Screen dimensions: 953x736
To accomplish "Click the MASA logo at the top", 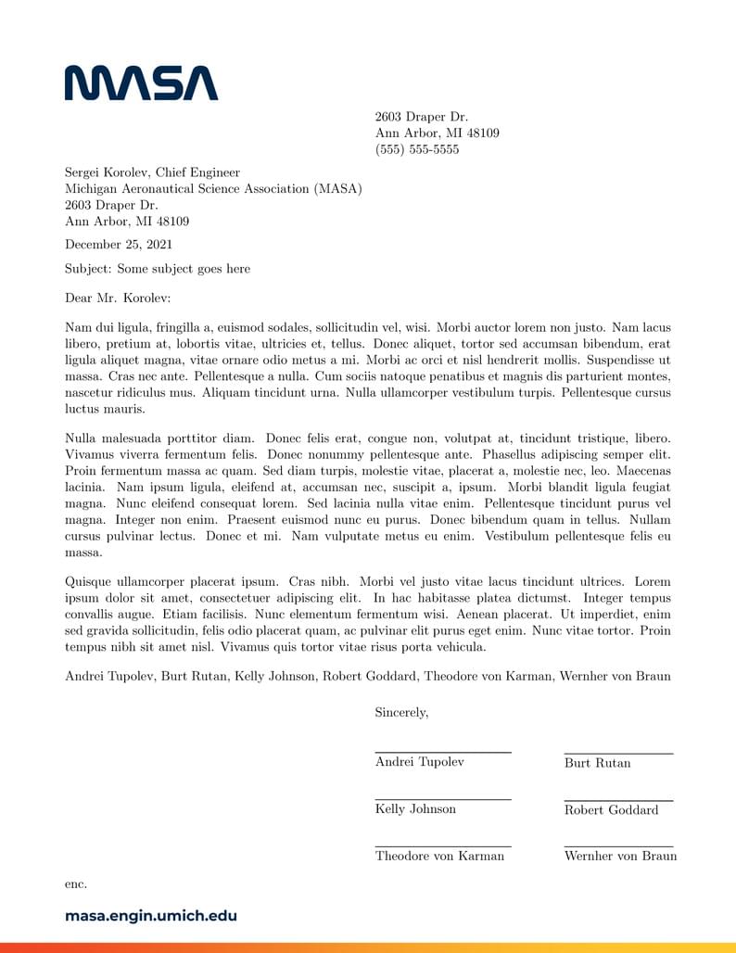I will click(141, 83).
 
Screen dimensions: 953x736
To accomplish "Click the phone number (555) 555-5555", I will click(416, 149).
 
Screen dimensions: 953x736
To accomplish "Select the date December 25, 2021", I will click(118, 245).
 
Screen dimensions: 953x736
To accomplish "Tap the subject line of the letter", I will click(157, 269).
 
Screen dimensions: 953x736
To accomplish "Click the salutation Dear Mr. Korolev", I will click(118, 299).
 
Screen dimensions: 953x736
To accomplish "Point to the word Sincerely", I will click(401, 713).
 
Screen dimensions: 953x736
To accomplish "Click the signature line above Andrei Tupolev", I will click(443, 752).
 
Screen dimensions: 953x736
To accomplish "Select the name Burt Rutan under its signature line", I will click(597, 763).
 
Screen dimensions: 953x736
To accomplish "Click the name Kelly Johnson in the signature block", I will click(415, 809).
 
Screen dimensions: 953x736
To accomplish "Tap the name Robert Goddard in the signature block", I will click(611, 810).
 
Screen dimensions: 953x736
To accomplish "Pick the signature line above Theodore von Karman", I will click(443, 845).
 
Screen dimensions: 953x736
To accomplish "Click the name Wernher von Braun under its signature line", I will click(620, 857).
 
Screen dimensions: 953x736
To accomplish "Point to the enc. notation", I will click(76, 884).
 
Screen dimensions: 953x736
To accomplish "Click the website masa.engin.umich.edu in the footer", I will click(151, 916).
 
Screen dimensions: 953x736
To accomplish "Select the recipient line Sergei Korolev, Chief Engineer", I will click(152, 172).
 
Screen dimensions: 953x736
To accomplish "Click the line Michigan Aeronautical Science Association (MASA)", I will click(213, 189).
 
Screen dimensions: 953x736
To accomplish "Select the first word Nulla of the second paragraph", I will click(82, 438).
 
